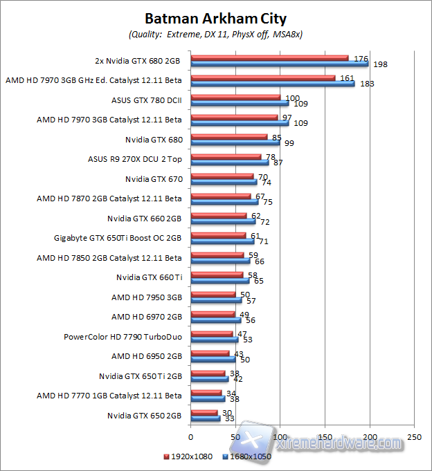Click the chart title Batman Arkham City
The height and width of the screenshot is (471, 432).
point(215,19)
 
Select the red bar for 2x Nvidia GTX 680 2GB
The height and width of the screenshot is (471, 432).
point(269,58)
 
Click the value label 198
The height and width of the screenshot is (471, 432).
point(380,64)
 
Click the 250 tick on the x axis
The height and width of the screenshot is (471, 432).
point(414,437)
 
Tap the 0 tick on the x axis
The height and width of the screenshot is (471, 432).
point(190,437)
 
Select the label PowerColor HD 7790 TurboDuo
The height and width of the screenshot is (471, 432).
point(123,338)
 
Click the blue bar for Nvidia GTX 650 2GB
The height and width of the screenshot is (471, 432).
point(205,419)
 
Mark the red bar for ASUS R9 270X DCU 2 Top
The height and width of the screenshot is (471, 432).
point(225,157)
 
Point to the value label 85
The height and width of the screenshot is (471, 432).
point(277,137)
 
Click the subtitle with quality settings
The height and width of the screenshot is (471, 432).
point(215,33)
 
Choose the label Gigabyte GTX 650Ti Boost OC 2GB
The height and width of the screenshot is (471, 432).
point(118,239)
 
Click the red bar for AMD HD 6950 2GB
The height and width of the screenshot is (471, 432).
point(209,354)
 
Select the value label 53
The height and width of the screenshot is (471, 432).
point(247,340)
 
